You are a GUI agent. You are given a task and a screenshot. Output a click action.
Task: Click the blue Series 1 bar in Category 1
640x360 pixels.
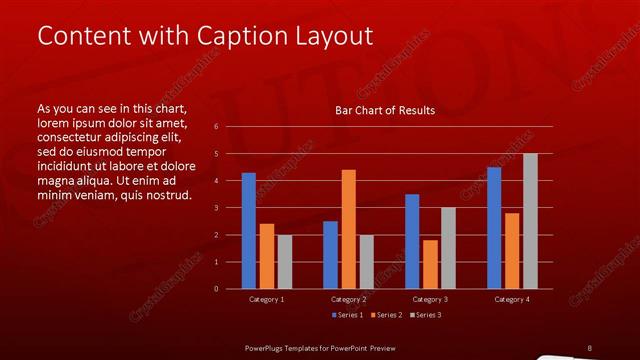(248, 231)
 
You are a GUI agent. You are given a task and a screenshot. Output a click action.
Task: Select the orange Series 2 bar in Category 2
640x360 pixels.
(348, 229)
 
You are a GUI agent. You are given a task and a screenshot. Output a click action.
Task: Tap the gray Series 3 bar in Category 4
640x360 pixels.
(530, 221)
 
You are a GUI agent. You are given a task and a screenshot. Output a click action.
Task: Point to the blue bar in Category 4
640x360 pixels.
(494, 228)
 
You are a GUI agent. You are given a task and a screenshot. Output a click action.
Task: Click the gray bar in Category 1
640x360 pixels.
(285, 262)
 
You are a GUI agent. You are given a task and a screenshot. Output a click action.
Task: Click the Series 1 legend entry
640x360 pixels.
(346, 316)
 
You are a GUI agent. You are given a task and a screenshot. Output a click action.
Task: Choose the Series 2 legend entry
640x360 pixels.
(385, 316)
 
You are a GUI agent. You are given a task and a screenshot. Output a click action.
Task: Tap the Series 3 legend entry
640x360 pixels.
(424, 316)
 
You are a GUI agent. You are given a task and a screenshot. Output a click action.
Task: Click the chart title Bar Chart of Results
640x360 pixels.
(385, 110)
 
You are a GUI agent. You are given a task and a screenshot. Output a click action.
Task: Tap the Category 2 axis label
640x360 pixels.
(348, 299)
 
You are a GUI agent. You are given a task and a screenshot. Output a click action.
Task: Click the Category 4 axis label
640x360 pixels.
(512, 299)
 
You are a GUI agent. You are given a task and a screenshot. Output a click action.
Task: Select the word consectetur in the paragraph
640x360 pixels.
(72, 137)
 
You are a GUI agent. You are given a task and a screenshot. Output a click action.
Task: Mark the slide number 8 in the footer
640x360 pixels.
(589, 347)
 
